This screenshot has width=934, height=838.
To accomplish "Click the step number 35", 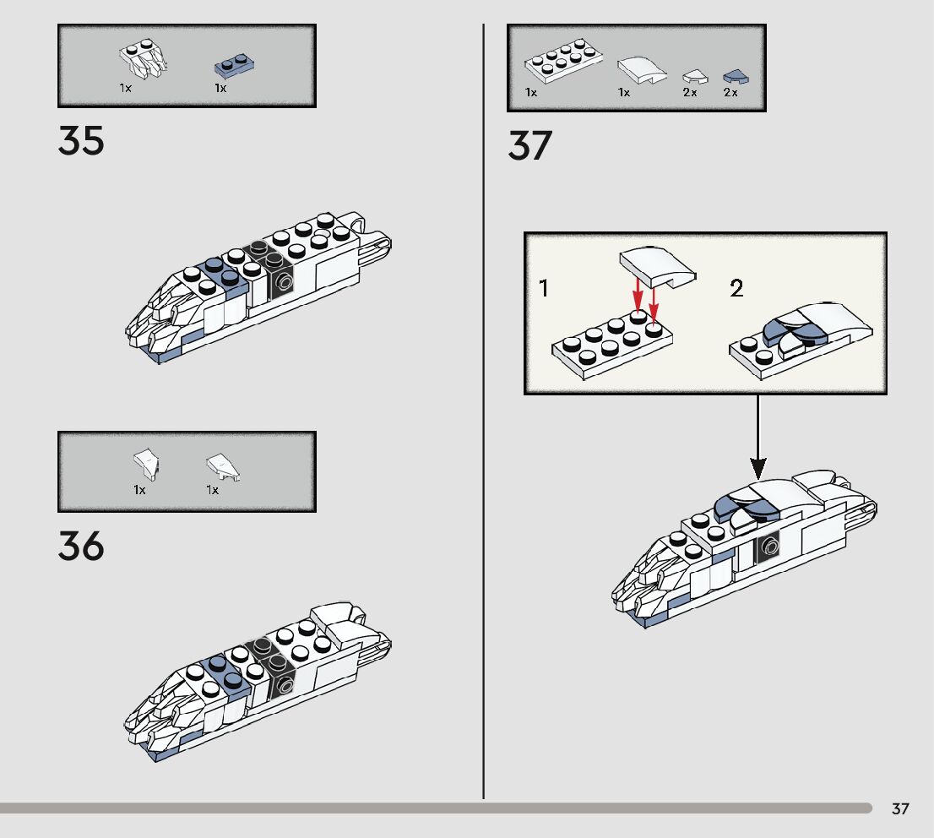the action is (81, 140).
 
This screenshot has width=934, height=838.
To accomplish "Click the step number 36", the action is (81, 547).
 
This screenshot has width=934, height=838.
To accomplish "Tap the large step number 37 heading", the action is (529, 146).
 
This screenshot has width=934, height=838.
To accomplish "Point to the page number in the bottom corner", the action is (900, 809).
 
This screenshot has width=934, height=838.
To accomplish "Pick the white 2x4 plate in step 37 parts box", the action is (562, 65).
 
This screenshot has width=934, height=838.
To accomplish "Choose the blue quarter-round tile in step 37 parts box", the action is (736, 77).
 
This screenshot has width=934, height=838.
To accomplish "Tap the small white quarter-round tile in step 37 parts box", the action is (693, 77).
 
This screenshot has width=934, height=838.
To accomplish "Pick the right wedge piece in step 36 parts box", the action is (223, 465).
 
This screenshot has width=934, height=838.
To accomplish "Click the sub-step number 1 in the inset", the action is (544, 289).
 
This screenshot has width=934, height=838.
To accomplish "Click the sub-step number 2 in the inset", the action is (736, 289).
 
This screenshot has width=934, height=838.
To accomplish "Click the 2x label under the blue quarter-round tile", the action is (730, 93).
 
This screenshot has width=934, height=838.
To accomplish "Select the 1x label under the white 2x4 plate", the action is (531, 93).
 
